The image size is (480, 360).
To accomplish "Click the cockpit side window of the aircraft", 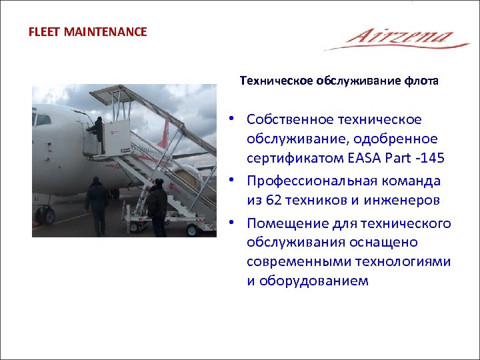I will point(43,120).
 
